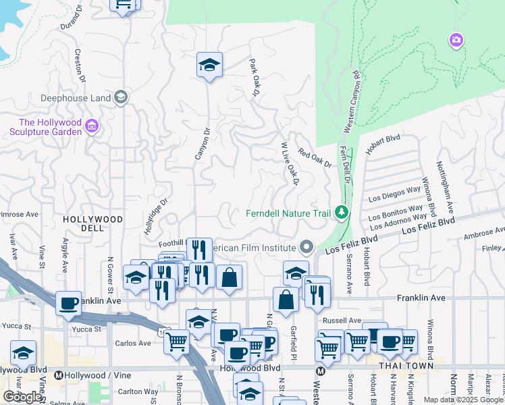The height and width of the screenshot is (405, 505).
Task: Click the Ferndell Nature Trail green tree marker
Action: click(342, 213)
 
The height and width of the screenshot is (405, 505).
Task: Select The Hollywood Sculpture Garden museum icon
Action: click(92, 126)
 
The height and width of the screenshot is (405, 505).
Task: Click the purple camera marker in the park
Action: click(456, 41)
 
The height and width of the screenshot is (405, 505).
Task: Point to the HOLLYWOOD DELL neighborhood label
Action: click(93, 224)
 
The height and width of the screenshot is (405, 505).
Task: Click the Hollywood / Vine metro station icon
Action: click(59, 375)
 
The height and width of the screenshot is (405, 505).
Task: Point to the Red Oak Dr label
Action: click(315, 160)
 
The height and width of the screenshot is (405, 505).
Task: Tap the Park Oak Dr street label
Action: click(255, 78)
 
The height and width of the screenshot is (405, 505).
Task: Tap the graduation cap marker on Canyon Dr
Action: click(209, 65)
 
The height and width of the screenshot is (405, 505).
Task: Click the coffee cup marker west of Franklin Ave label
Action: click(68, 304)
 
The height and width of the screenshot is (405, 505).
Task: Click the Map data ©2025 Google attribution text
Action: click(463, 400)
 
